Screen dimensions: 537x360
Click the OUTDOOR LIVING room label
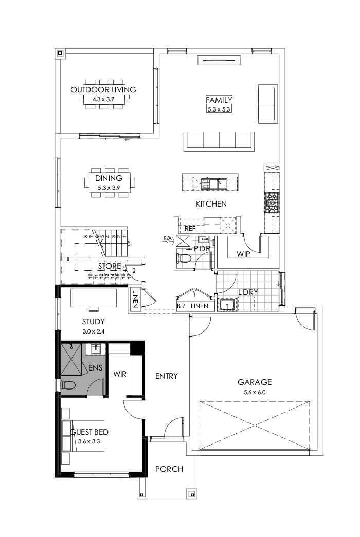[x=103, y=90]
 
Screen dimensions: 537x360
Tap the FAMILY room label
[x=219, y=100]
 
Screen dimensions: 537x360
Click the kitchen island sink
[x=214, y=183]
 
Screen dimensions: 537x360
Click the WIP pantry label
[x=243, y=254]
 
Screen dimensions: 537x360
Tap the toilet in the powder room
[x=184, y=259]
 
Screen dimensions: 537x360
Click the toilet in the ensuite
[x=68, y=385]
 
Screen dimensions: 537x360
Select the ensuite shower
[x=71, y=359]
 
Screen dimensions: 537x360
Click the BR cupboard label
[x=181, y=306]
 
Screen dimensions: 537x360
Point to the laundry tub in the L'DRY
[x=226, y=306]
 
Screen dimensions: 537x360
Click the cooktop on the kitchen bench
[x=271, y=202]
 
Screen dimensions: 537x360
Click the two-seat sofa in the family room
[x=266, y=104]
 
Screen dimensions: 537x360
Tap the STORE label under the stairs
[x=110, y=266]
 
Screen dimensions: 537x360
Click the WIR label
[x=120, y=374]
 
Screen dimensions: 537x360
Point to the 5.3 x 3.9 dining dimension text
[x=109, y=188]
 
